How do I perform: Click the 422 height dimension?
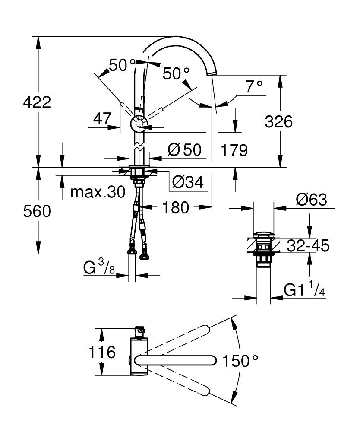click(x=37, y=102)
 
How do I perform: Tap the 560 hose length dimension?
click(x=37, y=211)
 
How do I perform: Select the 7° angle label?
click(x=254, y=87)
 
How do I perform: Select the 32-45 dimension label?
click(x=309, y=246)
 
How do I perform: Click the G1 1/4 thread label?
click(x=304, y=289)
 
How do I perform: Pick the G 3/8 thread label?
click(x=99, y=269)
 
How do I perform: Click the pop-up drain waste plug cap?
click(x=263, y=235)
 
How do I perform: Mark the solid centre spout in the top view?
click(x=175, y=360)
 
